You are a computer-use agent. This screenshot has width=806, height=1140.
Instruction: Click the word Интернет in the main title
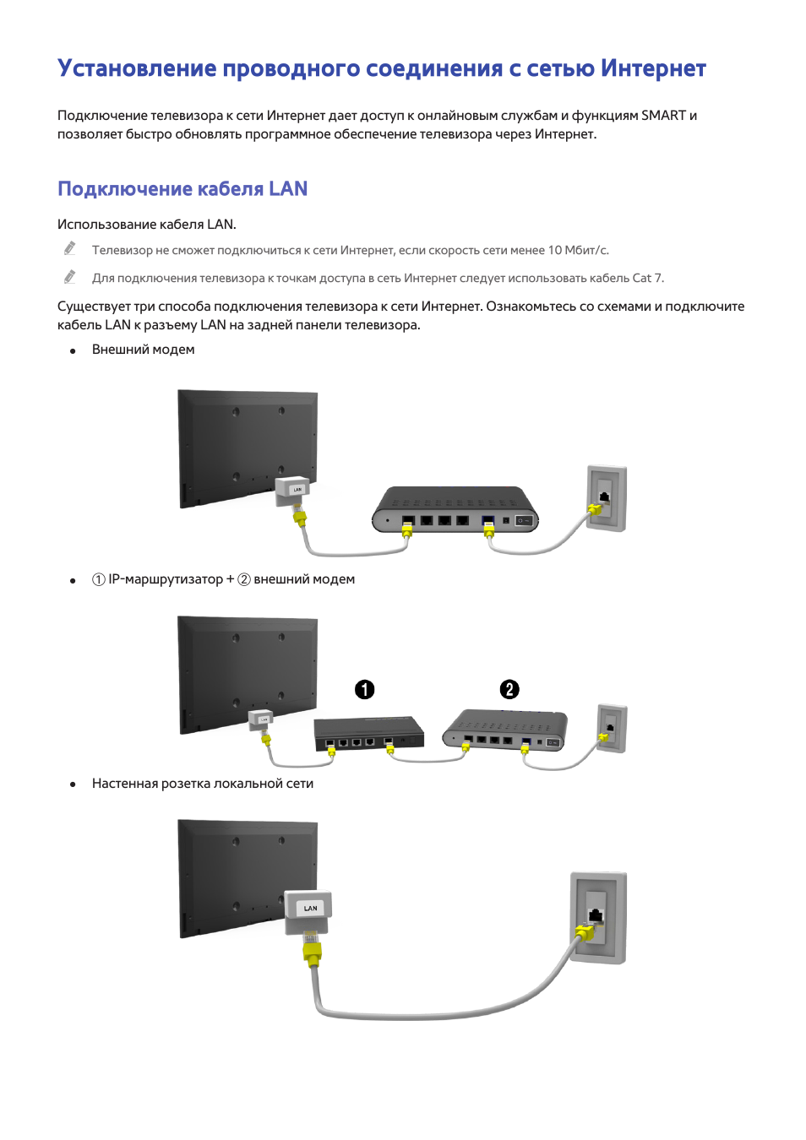click(652, 68)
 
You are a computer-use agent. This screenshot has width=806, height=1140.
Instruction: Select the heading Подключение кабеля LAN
click(182, 189)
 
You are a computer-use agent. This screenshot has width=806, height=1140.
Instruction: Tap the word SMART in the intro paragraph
click(663, 116)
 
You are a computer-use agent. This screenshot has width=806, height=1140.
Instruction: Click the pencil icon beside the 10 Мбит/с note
click(70, 248)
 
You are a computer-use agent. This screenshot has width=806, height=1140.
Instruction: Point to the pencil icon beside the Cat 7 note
click(70, 277)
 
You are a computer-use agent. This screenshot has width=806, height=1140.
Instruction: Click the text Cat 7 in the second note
click(647, 279)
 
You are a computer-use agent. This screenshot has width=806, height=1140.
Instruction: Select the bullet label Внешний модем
click(143, 350)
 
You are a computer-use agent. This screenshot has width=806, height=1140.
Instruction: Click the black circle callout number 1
click(364, 690)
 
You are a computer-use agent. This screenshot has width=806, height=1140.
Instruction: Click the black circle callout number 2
click(509, 690)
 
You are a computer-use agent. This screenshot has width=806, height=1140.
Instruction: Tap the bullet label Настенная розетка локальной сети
click(203, 784)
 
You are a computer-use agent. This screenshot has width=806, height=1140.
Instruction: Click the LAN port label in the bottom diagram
click(310, 909)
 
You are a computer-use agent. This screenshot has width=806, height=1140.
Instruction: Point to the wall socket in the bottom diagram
click(598, 918)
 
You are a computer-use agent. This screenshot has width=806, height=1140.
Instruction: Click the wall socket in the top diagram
click(607, 498)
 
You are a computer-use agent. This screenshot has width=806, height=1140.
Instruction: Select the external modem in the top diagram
click(455, 509)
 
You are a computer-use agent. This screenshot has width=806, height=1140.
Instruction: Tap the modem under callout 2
click(505, 730)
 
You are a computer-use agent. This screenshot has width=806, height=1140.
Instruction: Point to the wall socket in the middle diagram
click(612, 728)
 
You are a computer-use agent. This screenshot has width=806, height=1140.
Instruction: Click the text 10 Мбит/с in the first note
click(578, 251)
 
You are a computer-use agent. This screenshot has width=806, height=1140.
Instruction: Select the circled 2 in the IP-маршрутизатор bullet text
click(244, 580)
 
